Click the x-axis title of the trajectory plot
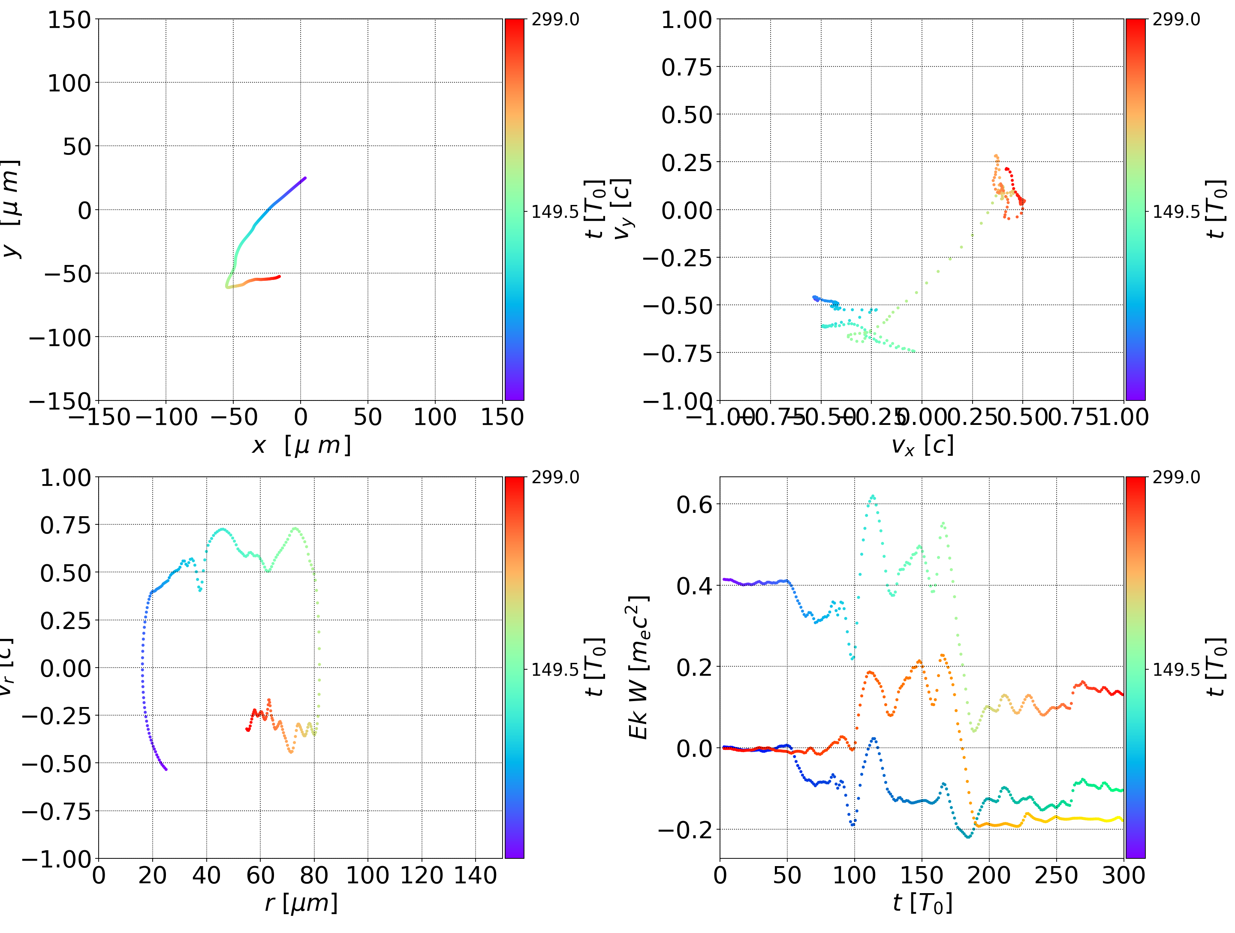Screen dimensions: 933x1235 301,445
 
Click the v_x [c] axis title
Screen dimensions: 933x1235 922,445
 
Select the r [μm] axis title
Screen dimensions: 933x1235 301,903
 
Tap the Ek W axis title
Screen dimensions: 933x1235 638,667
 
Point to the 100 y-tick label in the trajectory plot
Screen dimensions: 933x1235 69,83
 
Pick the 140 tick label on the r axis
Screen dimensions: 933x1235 475,875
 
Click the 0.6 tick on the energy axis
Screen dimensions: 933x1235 695,504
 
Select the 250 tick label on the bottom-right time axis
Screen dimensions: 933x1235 1056,875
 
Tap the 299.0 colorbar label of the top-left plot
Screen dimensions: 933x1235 555,20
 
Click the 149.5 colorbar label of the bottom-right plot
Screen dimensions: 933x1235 1176,669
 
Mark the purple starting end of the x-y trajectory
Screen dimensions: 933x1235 305,178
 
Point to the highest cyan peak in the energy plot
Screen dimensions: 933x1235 873,496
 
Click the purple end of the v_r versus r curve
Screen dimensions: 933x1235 166,769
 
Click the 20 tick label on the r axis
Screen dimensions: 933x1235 152,875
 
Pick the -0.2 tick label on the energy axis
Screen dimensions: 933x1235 685,830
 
